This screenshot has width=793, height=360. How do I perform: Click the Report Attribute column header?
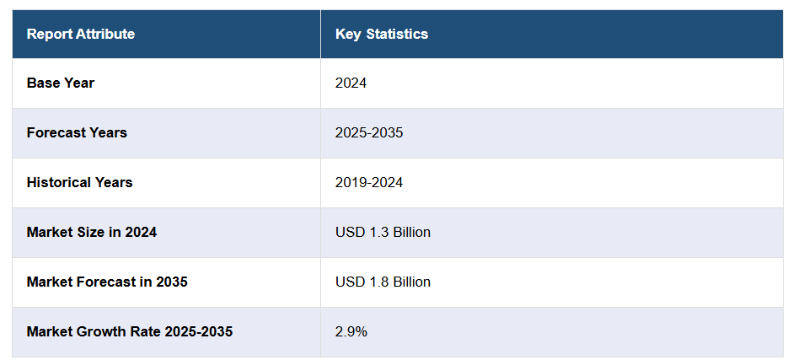click(80, 35)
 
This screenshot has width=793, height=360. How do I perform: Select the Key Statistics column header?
click(381, 35)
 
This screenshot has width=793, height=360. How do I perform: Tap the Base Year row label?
click(60, 83)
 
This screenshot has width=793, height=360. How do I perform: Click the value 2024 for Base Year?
click(351, 83)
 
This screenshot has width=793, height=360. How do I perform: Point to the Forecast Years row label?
click(77, 133)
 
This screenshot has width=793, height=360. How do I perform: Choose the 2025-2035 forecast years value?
click(368, 133)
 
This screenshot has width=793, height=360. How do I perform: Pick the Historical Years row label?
click(79, 182)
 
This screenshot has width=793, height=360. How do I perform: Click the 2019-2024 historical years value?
click(368, 182)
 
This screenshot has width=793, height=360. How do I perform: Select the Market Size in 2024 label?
click(91, 232)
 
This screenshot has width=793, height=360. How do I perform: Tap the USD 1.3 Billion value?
click(383, 232)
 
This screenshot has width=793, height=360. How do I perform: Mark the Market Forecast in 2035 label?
click(106, 282)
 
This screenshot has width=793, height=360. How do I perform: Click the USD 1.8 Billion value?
click(383, 282)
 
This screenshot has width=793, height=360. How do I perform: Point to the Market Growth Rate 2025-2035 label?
click(129, 331)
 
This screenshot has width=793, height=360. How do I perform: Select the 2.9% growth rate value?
click(351, 331)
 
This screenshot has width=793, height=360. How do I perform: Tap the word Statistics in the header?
click(398, 35)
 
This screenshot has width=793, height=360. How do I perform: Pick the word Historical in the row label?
click(57, 182)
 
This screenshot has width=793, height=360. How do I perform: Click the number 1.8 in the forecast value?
click(378, 282)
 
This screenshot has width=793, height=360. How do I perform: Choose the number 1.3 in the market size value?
click(378, 232)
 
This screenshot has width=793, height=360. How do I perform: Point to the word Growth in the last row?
click(99, 331)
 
